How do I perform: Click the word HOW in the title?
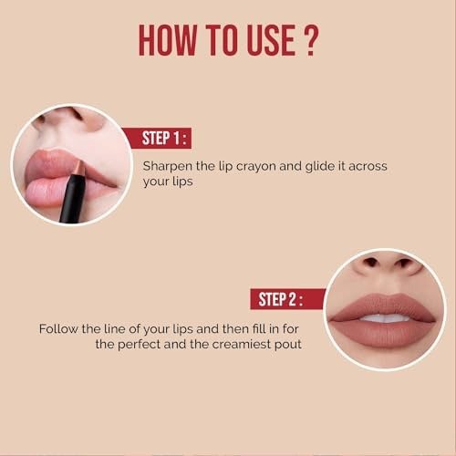(x=167, y=40)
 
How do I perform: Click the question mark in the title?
(x=311, y=40)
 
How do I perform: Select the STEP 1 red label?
(x=156, y=138)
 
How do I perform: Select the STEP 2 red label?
(x=287, y=299)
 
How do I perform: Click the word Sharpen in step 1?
(x=168, y=167)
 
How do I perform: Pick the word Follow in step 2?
(x=58, y=329)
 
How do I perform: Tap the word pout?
(x=288, y=345)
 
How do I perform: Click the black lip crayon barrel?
(x=72, y=197)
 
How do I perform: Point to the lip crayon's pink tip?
(x=79, y=167)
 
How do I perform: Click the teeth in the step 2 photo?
(x=385, y=318)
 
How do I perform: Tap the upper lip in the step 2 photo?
(x=384, y=305)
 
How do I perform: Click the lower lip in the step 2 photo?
(x=384, y=334)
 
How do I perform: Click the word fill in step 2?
(x=258, y=328)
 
